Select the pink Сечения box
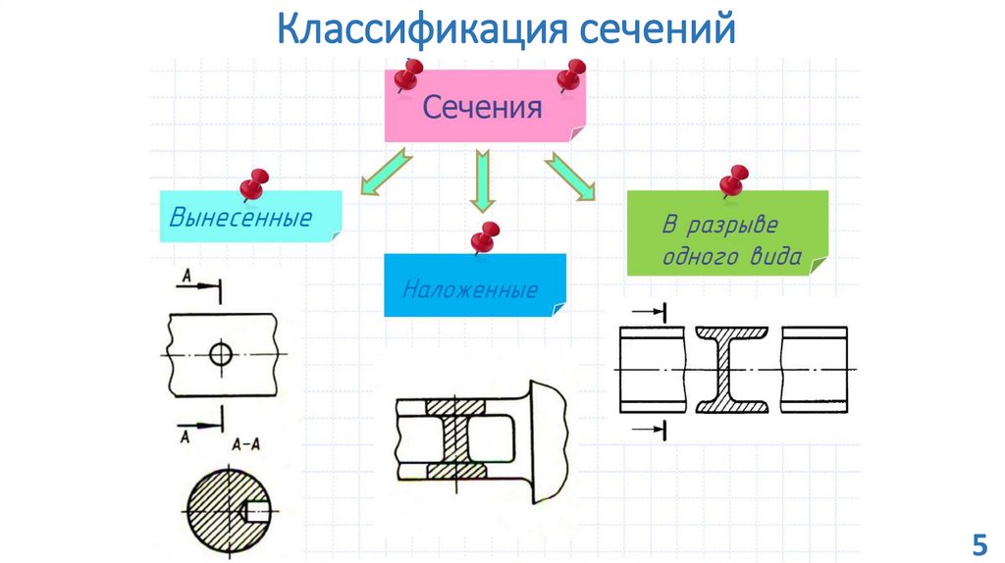point(483,107)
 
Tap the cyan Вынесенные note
point(250,217)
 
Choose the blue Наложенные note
point(474,286)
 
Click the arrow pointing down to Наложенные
point(482,179)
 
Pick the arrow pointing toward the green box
point(571,178)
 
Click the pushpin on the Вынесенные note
point(254,183)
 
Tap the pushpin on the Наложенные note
point(484,237)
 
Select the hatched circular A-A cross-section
point(226,510)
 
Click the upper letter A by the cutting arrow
point(184,278)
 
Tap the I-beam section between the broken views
point(732,370)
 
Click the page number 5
point(978,542)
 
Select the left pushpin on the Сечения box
point(406,75)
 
